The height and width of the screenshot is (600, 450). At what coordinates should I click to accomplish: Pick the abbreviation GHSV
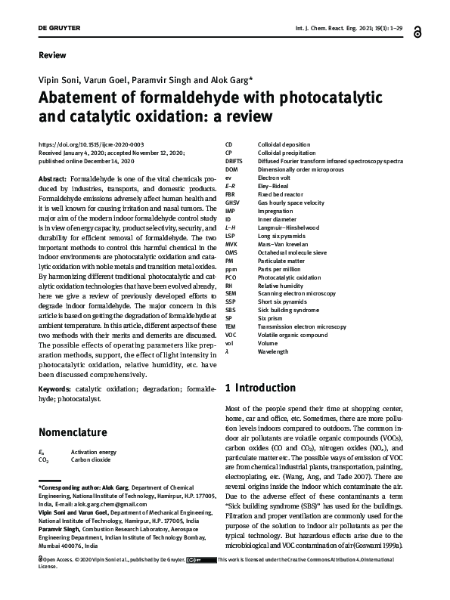(234, 203)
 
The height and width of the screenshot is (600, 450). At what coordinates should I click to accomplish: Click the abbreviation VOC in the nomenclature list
(232, 335)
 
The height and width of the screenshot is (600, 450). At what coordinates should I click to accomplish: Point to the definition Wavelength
(274, 352)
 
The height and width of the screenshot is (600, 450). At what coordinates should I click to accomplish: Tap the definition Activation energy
(92, 450)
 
